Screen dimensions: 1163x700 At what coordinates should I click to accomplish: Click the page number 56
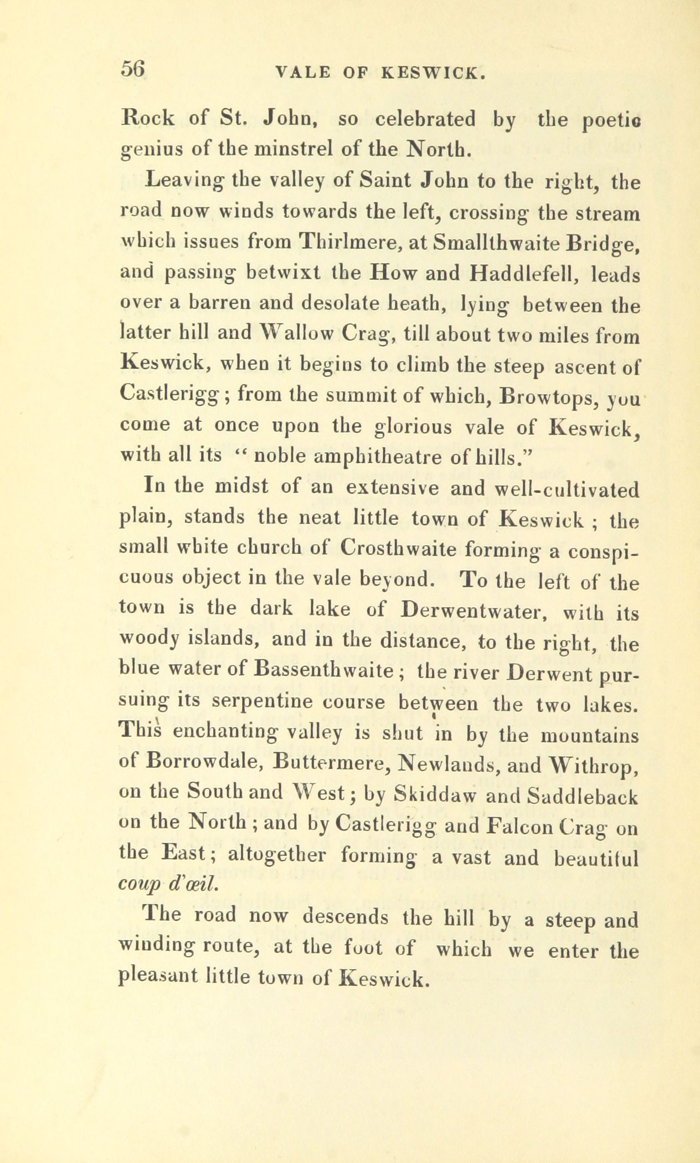(x=133, y=69)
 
